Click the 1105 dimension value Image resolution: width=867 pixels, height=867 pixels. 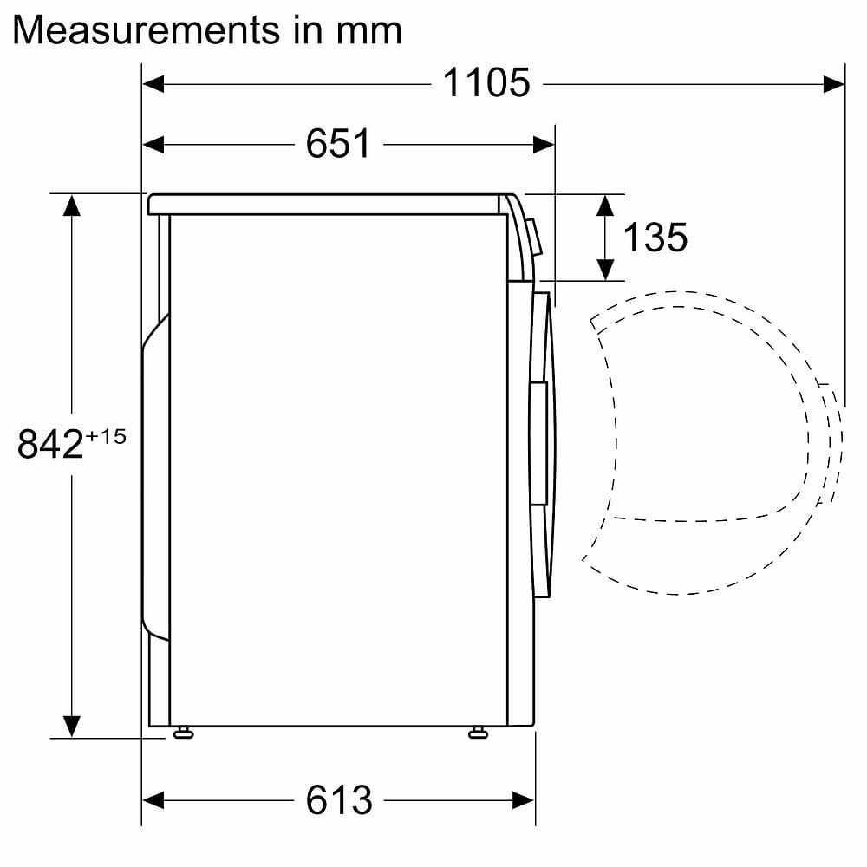point(486,83)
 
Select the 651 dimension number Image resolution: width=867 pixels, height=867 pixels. point(338,144)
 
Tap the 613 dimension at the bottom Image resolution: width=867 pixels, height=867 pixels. point(338,799)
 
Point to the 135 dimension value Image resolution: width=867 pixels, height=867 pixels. point(655,237)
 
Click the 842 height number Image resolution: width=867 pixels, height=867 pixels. point(50,445)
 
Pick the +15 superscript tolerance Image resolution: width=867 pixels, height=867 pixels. point(106,436)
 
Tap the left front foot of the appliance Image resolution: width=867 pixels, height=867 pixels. point(182,733)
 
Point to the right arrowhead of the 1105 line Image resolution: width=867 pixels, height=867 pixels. point(834,83)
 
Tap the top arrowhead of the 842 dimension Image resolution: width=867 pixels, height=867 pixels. point(71,205)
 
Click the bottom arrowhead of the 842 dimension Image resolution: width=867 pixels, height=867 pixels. point(71,726)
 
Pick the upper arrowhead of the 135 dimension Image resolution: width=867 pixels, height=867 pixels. point(606,205)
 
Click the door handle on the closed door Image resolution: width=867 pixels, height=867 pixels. point(538,442)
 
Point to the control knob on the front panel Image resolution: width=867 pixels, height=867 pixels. point(535,237)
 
